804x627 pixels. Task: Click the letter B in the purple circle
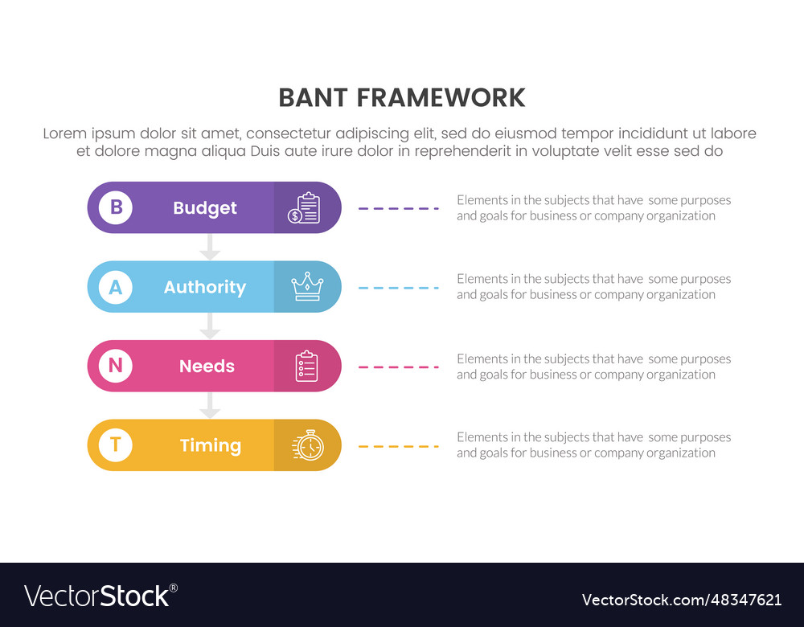116,207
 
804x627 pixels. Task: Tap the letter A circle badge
116,287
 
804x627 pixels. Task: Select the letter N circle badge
116,366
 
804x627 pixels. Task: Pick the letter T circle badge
116,445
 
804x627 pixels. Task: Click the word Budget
205,208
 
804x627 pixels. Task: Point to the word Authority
205,287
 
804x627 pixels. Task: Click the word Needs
207,367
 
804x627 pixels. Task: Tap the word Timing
210,445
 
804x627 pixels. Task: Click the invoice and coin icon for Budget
305,208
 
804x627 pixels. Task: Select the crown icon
307,286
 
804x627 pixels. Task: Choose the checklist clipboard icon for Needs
306,367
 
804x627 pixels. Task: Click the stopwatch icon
308,445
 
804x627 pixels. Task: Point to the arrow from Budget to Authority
210,248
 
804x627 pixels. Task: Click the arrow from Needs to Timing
210,406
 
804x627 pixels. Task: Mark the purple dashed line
399,208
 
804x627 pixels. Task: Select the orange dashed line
399,446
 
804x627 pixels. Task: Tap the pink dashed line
399,367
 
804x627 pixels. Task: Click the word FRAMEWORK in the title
441,98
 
